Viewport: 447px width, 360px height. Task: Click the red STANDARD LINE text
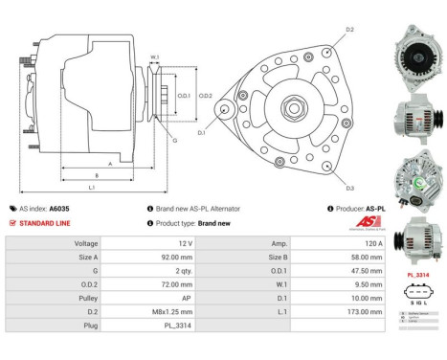pos(44,222)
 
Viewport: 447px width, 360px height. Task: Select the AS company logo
pos(368,222)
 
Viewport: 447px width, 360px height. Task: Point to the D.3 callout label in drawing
pos(349,188)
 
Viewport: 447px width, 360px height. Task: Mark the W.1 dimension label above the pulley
pos(154,56)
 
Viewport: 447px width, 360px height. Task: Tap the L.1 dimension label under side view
pos(91,188)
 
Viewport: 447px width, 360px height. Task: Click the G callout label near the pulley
pos(174,141)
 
